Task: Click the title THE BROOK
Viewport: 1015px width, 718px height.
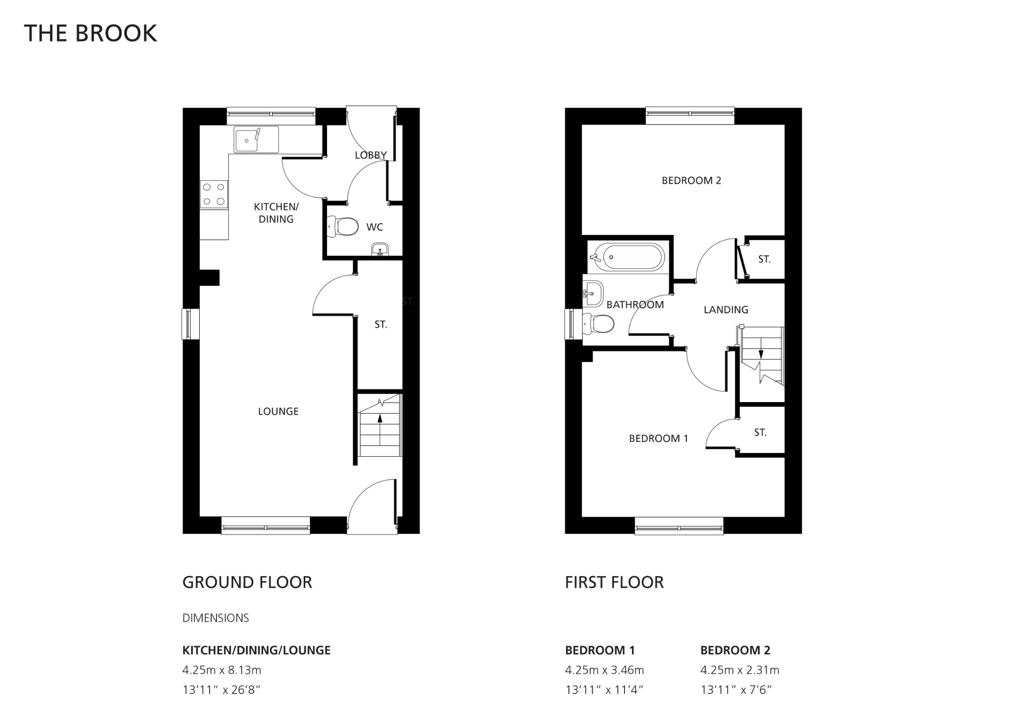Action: coord(90,33)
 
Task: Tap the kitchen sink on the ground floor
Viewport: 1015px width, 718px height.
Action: coord(256,140)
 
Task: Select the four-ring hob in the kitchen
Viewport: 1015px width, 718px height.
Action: coord(214,194)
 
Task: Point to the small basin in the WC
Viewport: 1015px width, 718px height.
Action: coord(380,249)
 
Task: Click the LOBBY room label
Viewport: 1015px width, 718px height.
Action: coord(370,155)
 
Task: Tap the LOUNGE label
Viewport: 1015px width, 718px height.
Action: coord(278,411)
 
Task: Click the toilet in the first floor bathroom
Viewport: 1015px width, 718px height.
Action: coord(600,324)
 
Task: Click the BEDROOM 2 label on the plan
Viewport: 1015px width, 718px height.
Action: coord(691,180)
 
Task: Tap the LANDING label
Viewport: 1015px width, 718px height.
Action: coord(726,310)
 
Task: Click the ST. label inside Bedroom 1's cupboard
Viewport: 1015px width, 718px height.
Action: coord(760,432)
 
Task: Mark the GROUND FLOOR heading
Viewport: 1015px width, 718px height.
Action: coord(247,582)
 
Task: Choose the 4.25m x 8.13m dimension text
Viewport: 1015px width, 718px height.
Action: coord(222,670)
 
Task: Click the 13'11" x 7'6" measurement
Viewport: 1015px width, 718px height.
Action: coord(736,690)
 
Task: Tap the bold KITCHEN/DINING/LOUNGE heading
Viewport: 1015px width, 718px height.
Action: coord(256,650)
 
